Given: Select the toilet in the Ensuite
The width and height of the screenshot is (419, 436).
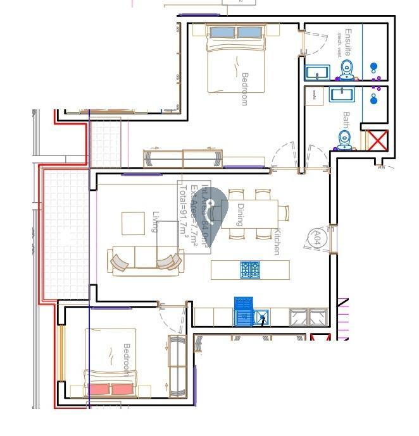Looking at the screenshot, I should coord(346,69).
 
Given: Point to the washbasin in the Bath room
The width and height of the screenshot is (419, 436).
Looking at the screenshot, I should coord(340,95).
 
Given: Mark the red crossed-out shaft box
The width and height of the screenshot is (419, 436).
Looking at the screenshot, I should coord(377,140).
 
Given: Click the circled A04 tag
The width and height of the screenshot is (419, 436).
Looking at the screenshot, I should coord(317,238).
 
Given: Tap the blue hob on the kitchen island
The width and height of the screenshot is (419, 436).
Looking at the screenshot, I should coord(250,270).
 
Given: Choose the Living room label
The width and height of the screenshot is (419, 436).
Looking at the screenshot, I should coord(155,222).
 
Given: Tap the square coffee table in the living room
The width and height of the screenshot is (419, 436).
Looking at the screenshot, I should coord(133,223).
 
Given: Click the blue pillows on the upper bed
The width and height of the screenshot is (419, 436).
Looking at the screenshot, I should coord(235,32).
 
